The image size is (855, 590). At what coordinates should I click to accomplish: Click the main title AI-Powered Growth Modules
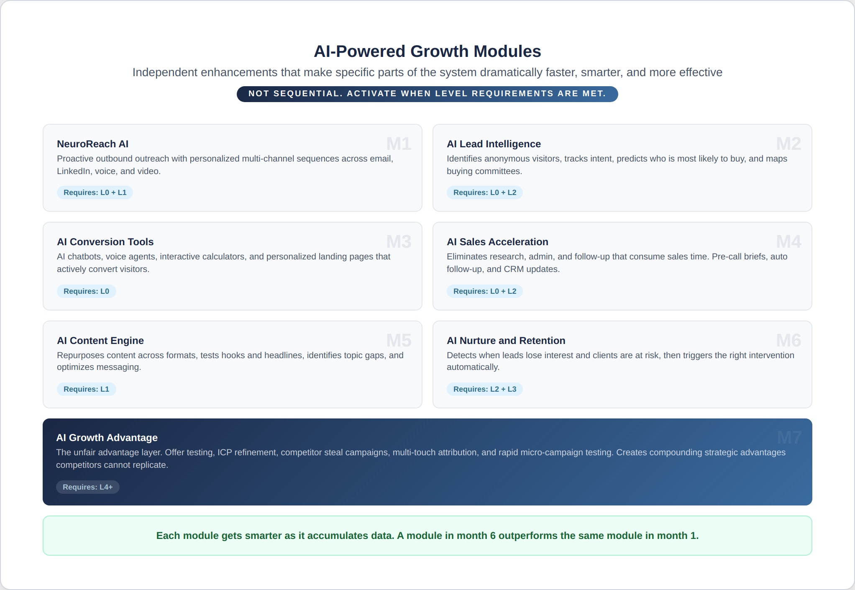coord(427,51)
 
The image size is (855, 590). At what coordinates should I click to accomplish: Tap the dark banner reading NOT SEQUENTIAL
coord(427,94)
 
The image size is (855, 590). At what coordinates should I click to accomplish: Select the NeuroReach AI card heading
coord(92,144)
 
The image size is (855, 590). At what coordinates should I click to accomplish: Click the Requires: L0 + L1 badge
coord(95,192)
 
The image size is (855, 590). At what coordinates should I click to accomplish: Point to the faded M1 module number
coord(399,144)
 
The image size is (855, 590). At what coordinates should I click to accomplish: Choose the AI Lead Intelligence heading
coord(494,144)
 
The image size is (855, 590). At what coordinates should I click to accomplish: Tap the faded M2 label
coord(788,144)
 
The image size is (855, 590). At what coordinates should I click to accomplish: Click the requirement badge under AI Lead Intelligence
coord(485,192)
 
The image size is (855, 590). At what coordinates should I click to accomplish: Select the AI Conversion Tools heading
coord(105,242)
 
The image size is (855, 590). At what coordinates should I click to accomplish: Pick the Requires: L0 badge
coord(86,291)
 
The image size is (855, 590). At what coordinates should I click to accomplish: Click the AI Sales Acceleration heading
coord(497,242)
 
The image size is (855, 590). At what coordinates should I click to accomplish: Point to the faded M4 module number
coord(788,242)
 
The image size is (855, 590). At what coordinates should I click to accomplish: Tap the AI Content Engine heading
coord(100,341)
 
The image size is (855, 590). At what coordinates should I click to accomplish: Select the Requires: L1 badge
coord(86,389)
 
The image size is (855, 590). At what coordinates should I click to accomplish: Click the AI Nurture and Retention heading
coord(506,341)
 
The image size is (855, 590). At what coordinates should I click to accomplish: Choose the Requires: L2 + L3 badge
coord(485,389)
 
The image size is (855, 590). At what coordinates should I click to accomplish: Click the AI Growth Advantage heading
coord(107,438)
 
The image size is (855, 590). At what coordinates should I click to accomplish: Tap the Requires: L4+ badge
coord(88,487)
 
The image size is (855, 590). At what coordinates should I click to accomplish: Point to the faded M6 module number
coord(788,341)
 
